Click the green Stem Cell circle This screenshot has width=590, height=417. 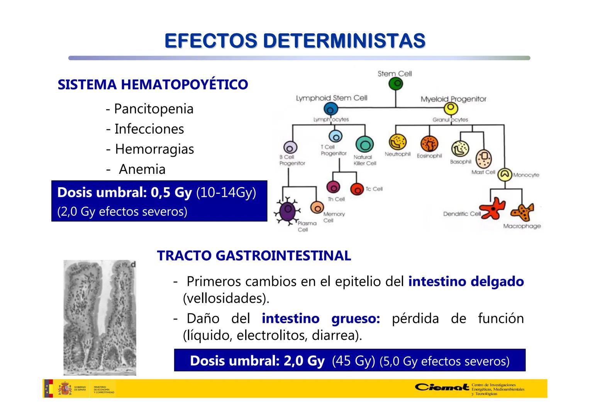tap(395, 84)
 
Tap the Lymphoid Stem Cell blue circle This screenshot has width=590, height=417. tap(331, 109)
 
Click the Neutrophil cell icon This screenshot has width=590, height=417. tap(397, 142)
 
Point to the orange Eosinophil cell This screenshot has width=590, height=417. tap(429, 144)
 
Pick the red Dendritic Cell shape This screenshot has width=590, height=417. tap(492, 208)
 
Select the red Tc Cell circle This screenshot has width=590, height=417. tap(357, 188)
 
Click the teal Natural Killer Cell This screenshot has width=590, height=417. tap(364, 144)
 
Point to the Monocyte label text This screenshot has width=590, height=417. tap(526, 175)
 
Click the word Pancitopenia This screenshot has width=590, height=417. tap(154, 109)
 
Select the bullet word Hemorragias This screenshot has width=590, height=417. tap(154, 149)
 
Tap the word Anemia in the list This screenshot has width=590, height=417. tap(142, 169)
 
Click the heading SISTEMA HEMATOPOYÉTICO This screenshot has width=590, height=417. tap(153, 85)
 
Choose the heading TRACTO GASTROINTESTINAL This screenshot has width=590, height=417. tap(254, 256)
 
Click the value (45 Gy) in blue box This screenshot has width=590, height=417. tap(353, 361)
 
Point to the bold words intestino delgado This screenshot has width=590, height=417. tap(466, 281)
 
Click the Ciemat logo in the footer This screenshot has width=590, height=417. tap(442, 387)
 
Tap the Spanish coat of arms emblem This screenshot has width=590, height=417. tap(64, 388)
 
